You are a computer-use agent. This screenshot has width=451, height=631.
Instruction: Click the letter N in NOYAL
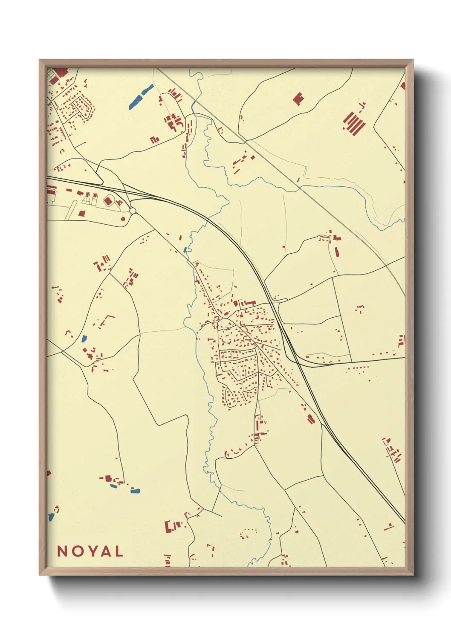[x=62, y=551]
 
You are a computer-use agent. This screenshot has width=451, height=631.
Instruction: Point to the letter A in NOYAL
[x=104, y=551]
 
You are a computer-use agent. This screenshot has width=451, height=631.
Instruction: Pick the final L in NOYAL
[x=119, y=551]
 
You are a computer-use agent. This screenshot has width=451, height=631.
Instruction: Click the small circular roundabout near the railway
[x=133, y=211]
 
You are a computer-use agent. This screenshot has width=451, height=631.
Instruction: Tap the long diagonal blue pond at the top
[x=141, y=97]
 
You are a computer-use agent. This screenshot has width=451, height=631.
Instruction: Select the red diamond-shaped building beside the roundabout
[x=108, y=200]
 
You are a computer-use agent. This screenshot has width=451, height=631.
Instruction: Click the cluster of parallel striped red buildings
[x=354, y=123]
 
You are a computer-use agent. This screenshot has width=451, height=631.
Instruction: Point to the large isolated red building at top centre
[x=298, y=99]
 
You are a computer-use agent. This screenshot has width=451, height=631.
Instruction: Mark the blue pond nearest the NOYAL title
[x=51, y=517]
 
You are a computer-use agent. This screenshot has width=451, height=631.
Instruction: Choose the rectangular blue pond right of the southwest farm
[x=135, y=491]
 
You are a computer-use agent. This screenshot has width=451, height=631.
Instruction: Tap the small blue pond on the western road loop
[x=84, y=339]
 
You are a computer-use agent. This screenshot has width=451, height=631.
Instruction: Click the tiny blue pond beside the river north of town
[x=185, y=250]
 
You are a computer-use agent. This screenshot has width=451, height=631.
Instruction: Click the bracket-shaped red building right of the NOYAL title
[x=168, y=527]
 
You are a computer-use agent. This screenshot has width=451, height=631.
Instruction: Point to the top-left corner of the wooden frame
[x=40, y=61]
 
